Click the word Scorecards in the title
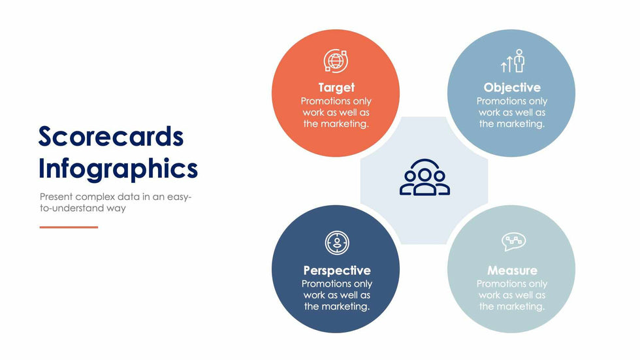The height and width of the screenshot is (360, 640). click(x=111, y=137)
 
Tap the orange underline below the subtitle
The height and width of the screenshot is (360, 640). click(x=69, y=227)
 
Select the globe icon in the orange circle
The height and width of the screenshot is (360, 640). click(x=336, y=61)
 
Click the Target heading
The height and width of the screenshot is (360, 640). click(x=336, y=88)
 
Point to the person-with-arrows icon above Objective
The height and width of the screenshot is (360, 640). click(x=513, y=61)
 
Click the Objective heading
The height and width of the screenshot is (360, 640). click(x=512, y=88)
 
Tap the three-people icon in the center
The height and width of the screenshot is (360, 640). click(x=424, y=178)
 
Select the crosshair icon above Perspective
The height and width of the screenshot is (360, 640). click(x=337, y=243)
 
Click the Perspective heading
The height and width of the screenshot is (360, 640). click(x=337, y=270)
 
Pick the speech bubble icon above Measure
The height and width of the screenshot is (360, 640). click(x=513, y=242)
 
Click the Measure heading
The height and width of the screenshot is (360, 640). click(x=512, y=270)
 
